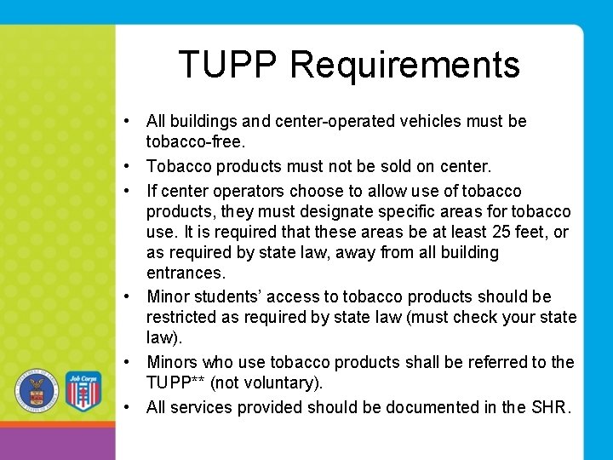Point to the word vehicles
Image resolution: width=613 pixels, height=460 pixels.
(x=420, y=121)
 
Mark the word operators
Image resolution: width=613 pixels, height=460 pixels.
(x=253, y=191)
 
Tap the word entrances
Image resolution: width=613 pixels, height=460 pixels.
(x=186, y=273)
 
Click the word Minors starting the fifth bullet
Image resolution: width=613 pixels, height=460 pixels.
(x=174, y=363)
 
